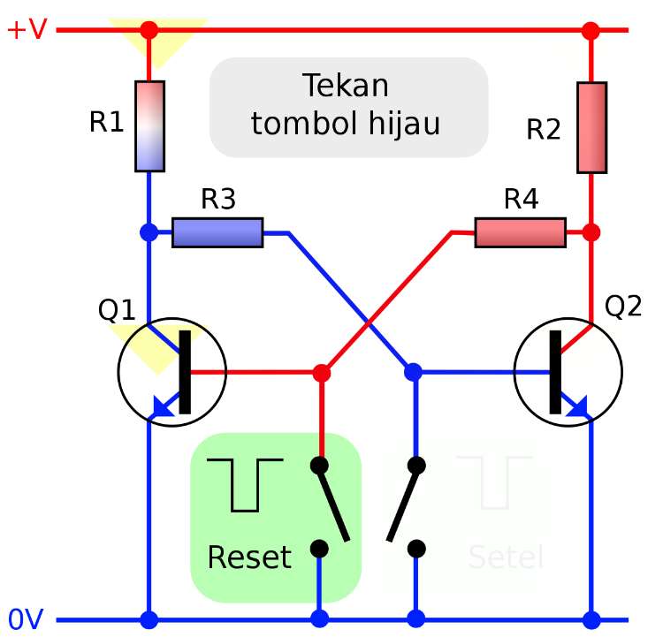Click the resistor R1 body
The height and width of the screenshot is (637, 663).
tap(149, 125)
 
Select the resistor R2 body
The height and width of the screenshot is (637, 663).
tap(591, 127)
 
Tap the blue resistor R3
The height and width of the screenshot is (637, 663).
tap(217, 232)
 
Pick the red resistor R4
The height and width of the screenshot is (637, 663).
tap(520, 232)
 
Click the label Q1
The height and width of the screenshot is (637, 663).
tap(117, 310)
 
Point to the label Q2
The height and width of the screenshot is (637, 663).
tap(623, 307)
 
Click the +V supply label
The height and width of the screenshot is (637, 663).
tap(27, 29)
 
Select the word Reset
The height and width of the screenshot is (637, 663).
tap(248, 557)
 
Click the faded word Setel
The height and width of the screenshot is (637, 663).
tap(505, 557)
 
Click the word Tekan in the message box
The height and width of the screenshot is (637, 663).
tap(346, 86)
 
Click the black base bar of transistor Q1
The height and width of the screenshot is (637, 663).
tap(185, 372)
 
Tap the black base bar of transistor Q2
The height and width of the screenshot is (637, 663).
tap(555, 372)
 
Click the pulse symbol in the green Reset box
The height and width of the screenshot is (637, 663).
tap(244, 484)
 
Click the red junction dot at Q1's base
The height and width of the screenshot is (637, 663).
tap(321, 373)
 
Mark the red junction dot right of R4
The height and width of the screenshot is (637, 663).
tap(591, 232)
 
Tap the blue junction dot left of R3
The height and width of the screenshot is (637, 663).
tap(149, 232)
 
